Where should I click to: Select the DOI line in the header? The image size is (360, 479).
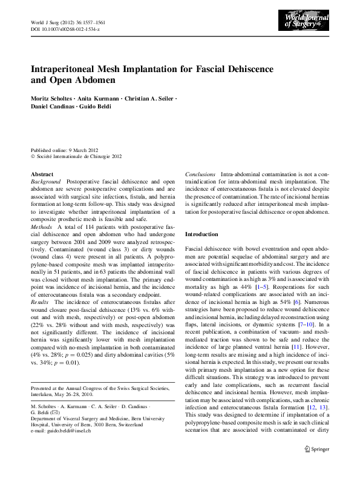[x=65, y=28]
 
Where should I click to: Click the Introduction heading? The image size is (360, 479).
[x=201, y=234]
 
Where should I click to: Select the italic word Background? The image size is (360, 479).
[x=45, y=182]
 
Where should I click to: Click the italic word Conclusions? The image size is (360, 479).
[x=200, y=174]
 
